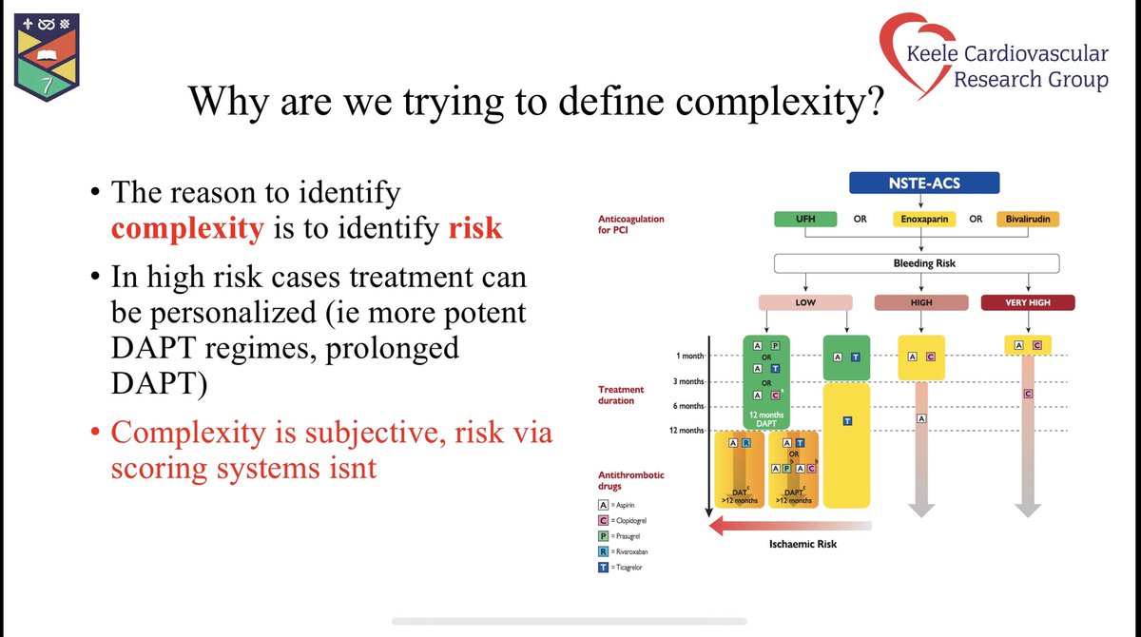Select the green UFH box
[x=805, y=219]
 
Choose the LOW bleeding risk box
[x=804, y=302]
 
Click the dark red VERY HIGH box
[x=1027, y=302]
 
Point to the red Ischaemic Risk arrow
[x=789, y=524]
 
